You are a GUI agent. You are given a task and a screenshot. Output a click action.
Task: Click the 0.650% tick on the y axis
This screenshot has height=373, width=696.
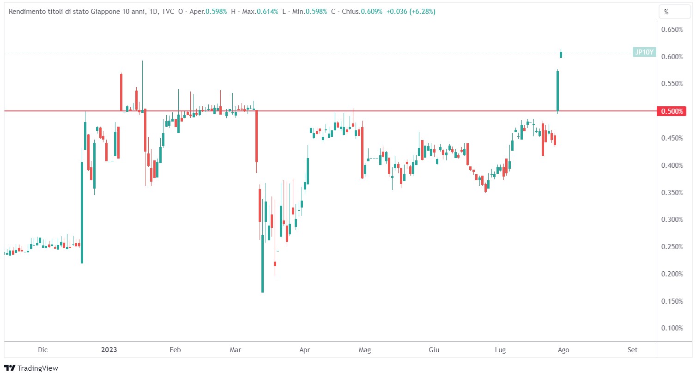coord(672,30)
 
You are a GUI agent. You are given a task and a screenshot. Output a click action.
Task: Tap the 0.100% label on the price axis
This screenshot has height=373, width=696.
coord(672,328)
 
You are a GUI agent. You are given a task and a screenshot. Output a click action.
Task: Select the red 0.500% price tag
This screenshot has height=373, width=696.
coord(672,111)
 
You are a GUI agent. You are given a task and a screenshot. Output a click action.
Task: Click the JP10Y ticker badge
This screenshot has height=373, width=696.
coord(644,52)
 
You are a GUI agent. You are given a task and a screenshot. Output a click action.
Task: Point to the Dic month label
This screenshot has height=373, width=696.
coord(43,350)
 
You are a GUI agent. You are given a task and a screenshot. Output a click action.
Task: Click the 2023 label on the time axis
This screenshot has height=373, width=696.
coord(109,350)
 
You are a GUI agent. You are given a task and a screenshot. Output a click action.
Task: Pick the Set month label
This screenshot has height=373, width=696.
coord(632,350)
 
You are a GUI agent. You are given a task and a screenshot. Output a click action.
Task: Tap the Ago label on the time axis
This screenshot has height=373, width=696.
coord(563,350)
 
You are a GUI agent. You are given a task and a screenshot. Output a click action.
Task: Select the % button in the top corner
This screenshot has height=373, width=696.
coord(666,12)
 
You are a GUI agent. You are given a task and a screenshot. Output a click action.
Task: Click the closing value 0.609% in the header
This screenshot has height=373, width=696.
coord(372,12)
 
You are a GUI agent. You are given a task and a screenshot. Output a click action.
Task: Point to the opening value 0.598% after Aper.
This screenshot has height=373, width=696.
coord(217,12)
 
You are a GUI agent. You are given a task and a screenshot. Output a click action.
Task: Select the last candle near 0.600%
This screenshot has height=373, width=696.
coord(561,55)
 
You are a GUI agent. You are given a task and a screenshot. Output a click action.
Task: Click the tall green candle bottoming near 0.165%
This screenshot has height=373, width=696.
coord(262,263)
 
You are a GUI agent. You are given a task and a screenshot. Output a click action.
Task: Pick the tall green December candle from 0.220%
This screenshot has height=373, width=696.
coord(82,213)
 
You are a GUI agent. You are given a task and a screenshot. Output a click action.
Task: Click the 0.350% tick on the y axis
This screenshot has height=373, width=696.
coord(672,192)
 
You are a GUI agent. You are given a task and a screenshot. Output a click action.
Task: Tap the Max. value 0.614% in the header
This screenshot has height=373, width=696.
coord(268,12)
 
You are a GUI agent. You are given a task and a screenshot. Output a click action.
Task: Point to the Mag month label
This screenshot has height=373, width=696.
coord(365,350)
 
